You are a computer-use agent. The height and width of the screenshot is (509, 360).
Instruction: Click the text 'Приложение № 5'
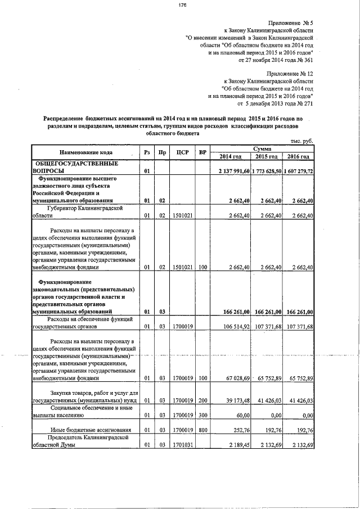click(x=291, y=22)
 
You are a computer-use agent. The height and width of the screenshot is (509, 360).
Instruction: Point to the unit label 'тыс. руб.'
click(x=301, y=141)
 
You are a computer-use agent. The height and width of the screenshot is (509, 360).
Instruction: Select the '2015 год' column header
click(x=266, y=156)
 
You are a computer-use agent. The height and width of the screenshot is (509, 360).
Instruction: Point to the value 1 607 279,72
click(x=299, y=170)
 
